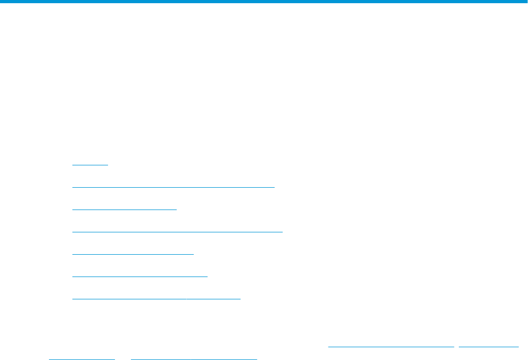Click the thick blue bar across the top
(264, 2)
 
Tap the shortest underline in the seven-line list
(90, 165)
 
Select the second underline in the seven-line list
(173, 187)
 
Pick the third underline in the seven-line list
(124, 210)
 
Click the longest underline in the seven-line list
(177, 232)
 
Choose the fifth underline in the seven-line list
(133, 254)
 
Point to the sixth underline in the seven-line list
(139, 277)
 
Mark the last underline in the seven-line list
(156, 299)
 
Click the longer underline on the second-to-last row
(391, 347)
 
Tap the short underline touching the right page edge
(488, 347)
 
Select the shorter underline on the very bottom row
(81, 358)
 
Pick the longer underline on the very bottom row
(194, 358)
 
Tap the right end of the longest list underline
(282, 232)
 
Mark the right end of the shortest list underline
(108, 165)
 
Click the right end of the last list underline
(240, 299)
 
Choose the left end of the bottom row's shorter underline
(49, 358)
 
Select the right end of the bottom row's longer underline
(256, 358)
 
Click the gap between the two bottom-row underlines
(123, 358)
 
